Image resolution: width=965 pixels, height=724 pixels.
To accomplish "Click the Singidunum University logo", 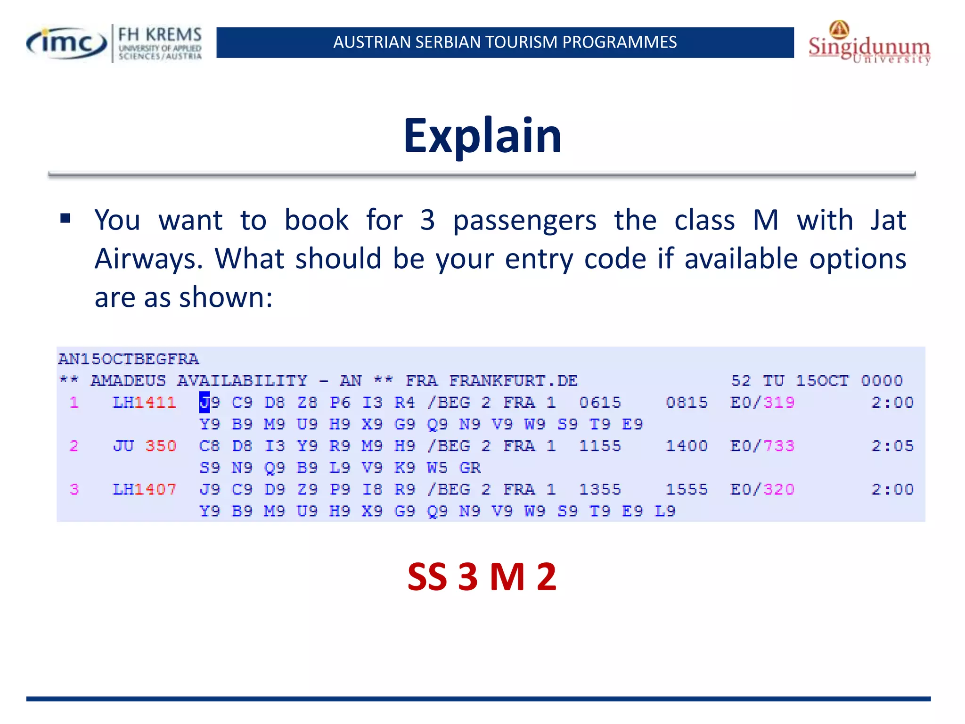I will (x=869, y=44).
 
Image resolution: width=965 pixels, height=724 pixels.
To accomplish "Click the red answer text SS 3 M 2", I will (x=482, y=576).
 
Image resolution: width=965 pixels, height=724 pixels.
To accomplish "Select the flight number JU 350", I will (x=144, y=446).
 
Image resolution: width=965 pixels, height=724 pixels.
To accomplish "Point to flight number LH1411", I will (x=144, y=403).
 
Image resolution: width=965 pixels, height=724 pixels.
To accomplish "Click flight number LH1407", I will (x=144, y=489).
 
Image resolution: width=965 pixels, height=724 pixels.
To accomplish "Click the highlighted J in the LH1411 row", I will (x=204, y=403).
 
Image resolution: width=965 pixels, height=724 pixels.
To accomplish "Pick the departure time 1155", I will (x=600, y=446).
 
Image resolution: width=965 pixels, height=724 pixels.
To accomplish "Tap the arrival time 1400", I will (x=687, y=446).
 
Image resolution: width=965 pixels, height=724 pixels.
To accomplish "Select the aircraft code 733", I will (x=779, y=446).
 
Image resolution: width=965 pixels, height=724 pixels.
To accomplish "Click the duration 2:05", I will (x=892, y=446).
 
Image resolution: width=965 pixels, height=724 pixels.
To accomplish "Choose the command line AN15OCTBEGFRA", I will (x=129, y=359).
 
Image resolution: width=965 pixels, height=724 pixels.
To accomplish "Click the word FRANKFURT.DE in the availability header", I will (x=513, y=381).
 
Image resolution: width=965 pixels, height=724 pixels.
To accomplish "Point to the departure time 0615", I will (x=600, y=403).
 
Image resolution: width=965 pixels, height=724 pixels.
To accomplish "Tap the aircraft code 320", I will (x=779, y=489).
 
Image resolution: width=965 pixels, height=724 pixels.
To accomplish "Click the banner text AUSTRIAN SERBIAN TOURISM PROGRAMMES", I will (x=505, y=42).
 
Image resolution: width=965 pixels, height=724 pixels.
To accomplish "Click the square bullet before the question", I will (x=65, y=218).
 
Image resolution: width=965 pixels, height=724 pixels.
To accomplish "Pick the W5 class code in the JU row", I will (x=437, y=468).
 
